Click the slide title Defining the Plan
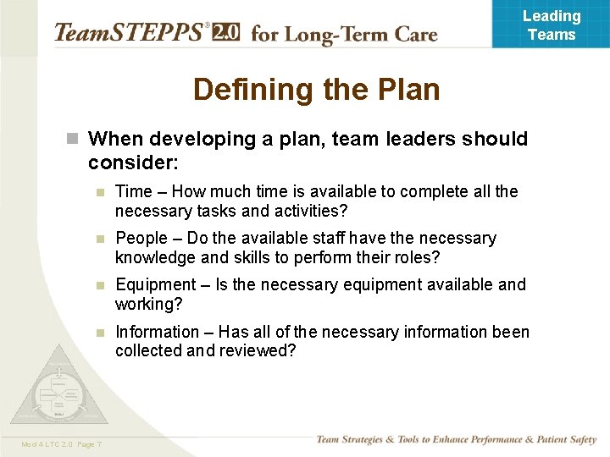[316, 89]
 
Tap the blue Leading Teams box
[551, 25]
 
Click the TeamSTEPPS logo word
[128, 33]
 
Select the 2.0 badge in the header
[225, 32]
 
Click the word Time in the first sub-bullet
[132, 192]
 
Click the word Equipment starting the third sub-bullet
[154, 285]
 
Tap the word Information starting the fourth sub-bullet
[157, 332]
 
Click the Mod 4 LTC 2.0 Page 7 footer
[62, 444]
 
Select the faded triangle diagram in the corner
[58, 389]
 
